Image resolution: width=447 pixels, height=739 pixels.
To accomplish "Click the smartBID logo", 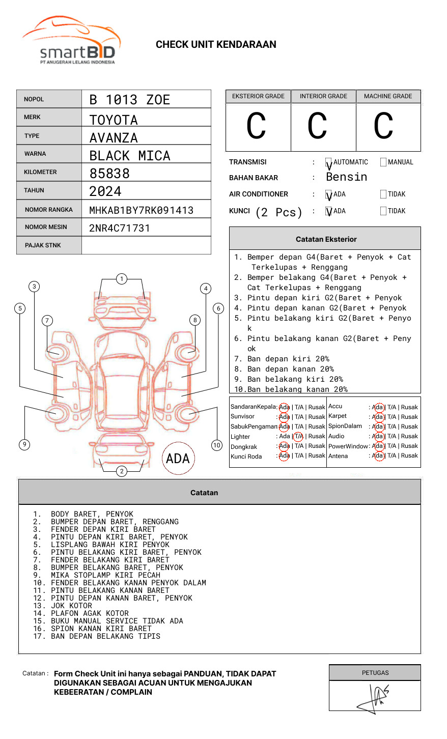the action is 71,40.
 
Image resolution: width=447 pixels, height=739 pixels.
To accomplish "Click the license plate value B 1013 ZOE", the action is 129,100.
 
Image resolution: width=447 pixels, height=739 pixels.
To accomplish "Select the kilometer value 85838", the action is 109,174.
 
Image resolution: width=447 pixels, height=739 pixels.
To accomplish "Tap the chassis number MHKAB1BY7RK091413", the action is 142,210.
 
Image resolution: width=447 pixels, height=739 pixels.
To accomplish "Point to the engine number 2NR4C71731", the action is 120,228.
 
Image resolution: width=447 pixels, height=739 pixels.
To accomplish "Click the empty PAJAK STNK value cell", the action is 146,245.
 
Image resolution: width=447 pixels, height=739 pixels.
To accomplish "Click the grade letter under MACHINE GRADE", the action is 383,126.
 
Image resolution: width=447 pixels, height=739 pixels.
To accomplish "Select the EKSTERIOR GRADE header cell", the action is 258,96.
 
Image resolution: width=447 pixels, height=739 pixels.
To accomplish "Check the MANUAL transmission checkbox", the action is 383,162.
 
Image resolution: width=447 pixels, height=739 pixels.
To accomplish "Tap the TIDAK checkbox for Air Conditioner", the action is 383,194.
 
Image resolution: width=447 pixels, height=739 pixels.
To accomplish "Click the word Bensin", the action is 347,177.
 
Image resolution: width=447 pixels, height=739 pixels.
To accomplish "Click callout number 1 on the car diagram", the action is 122,279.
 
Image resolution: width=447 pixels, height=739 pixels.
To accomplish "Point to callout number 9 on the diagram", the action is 24,444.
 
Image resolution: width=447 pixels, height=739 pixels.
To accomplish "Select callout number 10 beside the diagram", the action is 216,445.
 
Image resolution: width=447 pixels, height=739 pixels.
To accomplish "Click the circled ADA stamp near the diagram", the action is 178,458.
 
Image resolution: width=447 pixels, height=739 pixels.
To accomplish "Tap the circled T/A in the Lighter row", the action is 298,436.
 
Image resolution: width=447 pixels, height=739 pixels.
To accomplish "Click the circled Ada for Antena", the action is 379,456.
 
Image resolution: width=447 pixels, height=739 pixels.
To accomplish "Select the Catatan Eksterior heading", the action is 326,239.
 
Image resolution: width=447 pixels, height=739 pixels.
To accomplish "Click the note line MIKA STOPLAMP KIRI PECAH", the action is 105,575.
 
